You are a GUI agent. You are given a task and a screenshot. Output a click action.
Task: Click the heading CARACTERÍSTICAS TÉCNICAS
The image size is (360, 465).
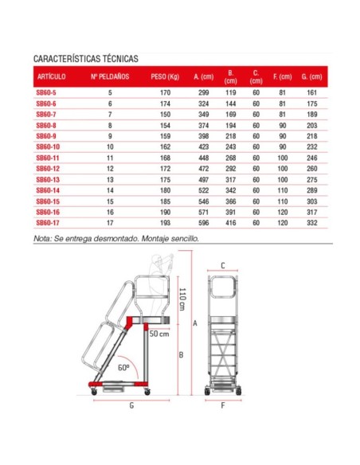point(86,59)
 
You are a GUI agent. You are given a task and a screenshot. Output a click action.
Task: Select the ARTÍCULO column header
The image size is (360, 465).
point(51,77)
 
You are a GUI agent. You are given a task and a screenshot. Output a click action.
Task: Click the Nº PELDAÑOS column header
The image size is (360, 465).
point(110,77)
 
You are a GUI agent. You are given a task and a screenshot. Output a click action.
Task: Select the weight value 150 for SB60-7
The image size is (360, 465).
point(166,115)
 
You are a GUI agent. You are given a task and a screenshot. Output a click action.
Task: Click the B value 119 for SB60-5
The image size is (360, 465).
point(230,93)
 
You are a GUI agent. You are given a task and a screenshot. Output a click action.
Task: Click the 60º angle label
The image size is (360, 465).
point(123,369)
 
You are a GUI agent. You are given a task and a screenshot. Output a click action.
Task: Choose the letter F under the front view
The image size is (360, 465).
point(224,405)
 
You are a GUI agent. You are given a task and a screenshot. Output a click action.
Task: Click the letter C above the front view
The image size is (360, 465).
point(224,265)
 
